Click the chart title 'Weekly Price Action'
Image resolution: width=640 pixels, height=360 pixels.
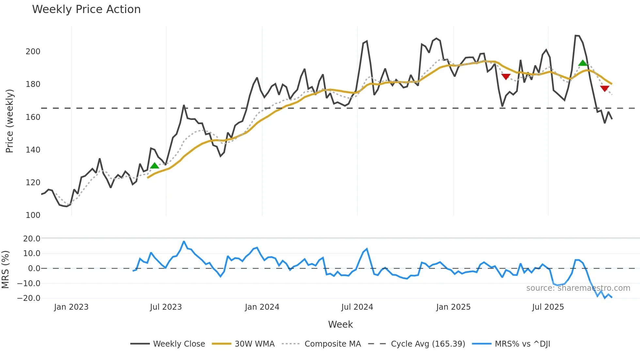[x=86, y=9]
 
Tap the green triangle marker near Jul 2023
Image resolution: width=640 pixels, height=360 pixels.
[x=154, y=166]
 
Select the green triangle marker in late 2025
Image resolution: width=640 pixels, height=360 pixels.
[x=583, y=63]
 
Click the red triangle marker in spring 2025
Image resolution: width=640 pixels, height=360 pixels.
[x=506, y=77]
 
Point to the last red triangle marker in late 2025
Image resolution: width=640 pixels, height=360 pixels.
[x=604, y=89]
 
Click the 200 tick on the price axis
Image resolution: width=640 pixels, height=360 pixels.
[x=33, y=52]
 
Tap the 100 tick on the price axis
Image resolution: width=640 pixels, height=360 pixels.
[x=33, y=215]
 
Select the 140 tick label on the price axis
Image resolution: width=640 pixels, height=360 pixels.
[x=33, y=150]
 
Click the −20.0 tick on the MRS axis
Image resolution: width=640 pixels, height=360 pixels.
[x=29, y=298]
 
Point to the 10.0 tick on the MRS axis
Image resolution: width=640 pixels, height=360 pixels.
[x=32, y=254]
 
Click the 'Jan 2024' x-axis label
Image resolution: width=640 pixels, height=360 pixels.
[x=262, y=307]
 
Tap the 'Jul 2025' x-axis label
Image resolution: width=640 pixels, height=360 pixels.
[x=548, y=307]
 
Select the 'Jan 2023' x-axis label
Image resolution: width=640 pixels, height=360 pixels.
[x=71, y=307]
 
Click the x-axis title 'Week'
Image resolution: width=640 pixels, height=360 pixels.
[x=340, y=324]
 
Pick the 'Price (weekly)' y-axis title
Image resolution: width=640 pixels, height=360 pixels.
[x=10, y=121]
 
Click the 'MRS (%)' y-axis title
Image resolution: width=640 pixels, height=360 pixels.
[x=6, y=270]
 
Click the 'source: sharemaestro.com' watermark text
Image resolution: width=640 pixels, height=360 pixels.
[x=578, y=288]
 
